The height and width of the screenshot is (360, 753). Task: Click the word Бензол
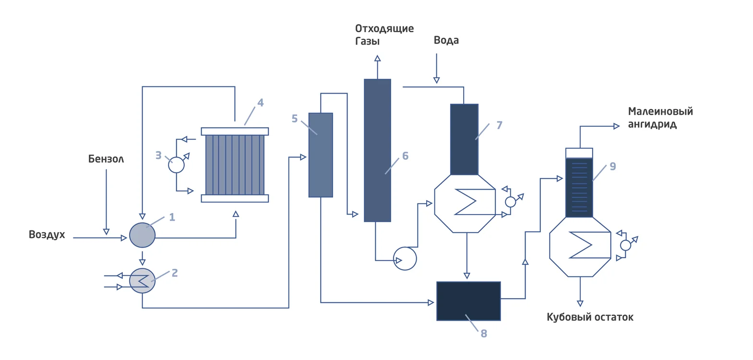pyautogui.click(x=106, y=159)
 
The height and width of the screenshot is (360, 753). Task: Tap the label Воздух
pyautogui.click(x=47, y=235)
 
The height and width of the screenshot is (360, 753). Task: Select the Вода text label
pyautogui.click(x=446, y=40)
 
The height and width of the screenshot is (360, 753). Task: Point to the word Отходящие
pyautogui.click(x=384, y=29)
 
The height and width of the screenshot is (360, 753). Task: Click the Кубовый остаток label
pyautogui.click(x=590, y=317)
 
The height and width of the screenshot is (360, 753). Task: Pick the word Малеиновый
pyautogui.click(x=660, y=111)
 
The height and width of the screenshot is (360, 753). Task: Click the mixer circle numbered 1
pyautogui.click(x=142, y=235)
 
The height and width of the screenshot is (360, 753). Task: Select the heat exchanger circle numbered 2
pyautogui.click(x=142, y=281)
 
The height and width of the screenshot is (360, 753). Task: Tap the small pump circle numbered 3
pyautogui.click(x=176, y=165)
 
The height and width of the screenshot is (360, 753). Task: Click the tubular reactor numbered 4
pyautogui.click(x=235, y=165)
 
